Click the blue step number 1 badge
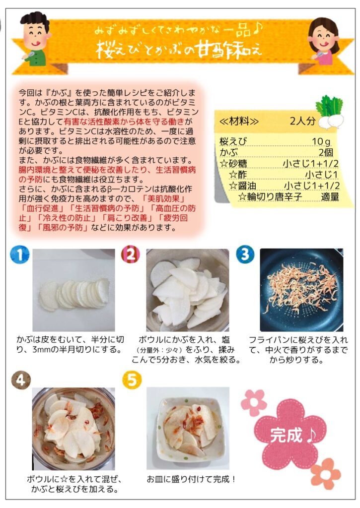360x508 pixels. pyautogui.click(x=20, y=254)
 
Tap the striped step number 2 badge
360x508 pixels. pyautogui.click(x=131, y=254)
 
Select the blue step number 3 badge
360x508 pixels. pyautogui.click(x=245, y=254)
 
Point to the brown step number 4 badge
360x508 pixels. pyautogui.click(x=21, y=380)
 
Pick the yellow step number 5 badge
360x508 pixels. pyautogui.click(x=132, y=380)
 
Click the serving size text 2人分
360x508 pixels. pyautogui.click(x=302, y=121)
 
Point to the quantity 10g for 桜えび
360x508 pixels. pyautogui.click(x=321, y=141)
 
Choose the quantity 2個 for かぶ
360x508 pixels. pyautogui.click(x=326, y=152)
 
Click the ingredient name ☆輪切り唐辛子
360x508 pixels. pyautogui.click(x=270, y=196)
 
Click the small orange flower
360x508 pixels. pyautogui.click(x=326, y=473)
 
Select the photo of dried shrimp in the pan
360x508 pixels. pyautogui.click(x=301, y=290)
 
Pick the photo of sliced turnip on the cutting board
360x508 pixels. pyautogui.click(x=73, y=290)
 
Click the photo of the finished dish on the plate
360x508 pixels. pyautogui.click(x=188, y=428)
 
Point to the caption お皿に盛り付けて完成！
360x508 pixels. pyautogui.click(x=191, y=479)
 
